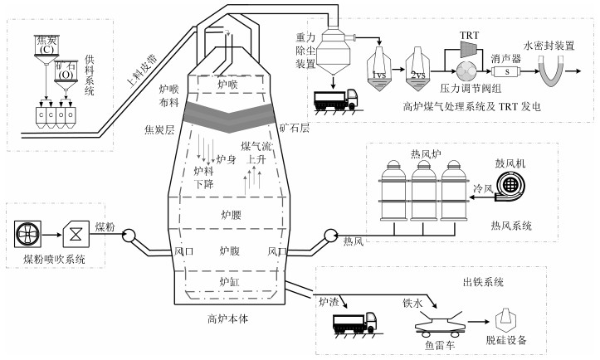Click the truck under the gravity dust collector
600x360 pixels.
click(x=337, y=100)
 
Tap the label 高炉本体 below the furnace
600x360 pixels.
click(x=229, y=317)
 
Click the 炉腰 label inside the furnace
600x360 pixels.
click(x=230, y=214)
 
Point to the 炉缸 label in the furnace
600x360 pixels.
click(x=230, y=283)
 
